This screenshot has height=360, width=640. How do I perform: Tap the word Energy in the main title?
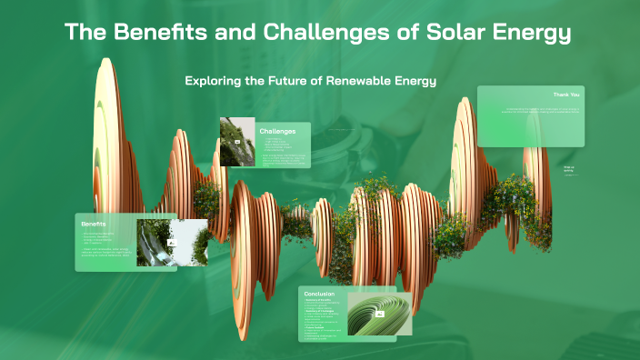[530, 35]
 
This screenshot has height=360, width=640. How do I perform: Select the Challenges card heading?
[277, 131]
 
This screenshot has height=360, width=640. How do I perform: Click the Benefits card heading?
[94, 224]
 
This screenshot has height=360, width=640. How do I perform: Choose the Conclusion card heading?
[320, 295]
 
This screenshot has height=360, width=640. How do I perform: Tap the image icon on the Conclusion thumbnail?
[380, 313]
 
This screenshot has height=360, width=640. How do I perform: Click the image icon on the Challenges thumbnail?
[238, 143]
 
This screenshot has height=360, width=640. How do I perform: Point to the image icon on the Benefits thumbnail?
[170, 243]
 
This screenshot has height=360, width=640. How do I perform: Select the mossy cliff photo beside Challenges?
[236, 142]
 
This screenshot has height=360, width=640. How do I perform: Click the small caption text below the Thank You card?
[569, 169]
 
